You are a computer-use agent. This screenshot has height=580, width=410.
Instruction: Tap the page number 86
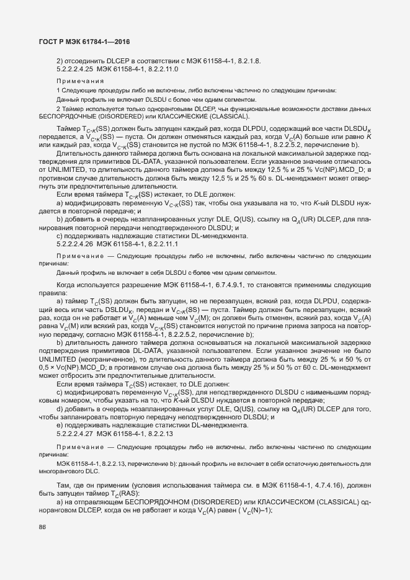(x=43, y=527)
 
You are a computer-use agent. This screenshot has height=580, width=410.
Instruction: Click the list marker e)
(x=60, y=425)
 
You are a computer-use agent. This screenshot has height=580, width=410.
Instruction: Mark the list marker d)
(x=60, y=408)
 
